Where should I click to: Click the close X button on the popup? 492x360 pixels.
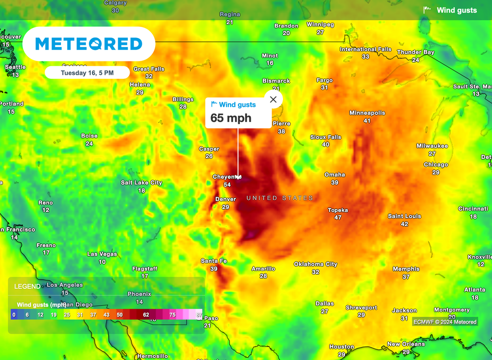coord(273,99)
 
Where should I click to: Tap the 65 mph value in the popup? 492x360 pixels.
coord(231,118)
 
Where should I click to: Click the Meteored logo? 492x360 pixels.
coord(89,44)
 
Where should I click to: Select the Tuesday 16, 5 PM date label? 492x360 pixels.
coord(87,73)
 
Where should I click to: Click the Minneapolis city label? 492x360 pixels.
coord(367,113)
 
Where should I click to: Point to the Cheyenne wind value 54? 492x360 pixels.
coord(227,185)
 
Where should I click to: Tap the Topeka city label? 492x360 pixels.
coord(338,210)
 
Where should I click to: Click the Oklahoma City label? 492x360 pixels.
coord(315,264)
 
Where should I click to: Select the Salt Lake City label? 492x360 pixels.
coord(141,183)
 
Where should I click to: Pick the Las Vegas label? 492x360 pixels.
coord(102,254)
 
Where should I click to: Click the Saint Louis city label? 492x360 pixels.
coord(404,216)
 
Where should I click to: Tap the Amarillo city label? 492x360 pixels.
coord(263,269)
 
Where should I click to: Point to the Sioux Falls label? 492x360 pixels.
coord(325,137)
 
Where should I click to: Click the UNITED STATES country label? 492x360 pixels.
coord(280,198)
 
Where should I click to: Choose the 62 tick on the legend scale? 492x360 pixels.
coord(146,314)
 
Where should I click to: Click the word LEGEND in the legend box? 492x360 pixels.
coord(27,286)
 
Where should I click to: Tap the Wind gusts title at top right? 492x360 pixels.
coord(456,10)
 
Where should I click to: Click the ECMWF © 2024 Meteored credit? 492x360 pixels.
coord(445,322)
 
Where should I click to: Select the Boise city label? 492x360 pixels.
coord(89,136)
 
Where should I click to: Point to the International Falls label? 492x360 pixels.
coord(365,49)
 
